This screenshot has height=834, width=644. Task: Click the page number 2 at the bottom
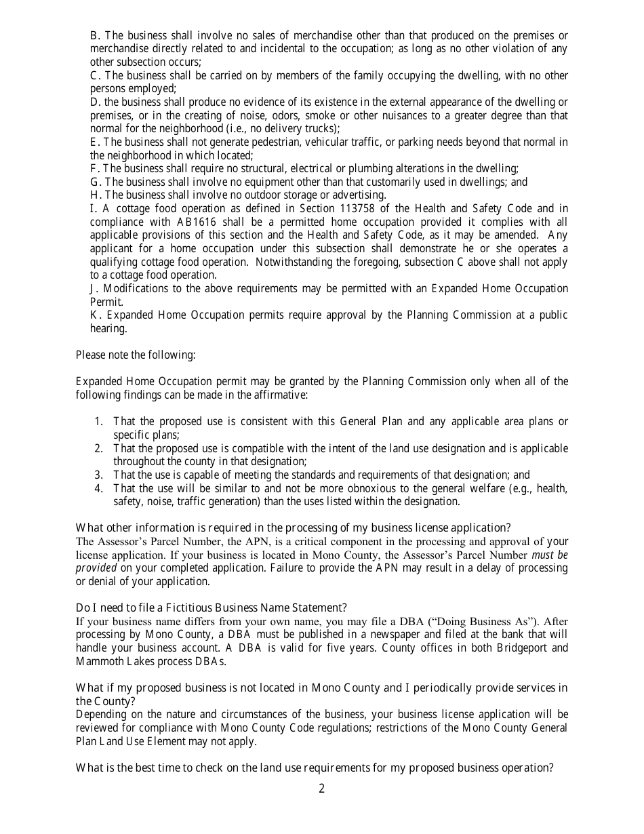coord(322,789)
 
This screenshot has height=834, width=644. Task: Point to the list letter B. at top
coord(95,35)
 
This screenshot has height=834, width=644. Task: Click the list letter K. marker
coord(96,315)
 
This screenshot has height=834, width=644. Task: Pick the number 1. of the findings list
coord(99,422)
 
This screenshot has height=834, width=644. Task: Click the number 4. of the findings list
coord(99,489)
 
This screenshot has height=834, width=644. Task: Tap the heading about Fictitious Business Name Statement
coord(212,608)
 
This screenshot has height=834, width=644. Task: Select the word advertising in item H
coord(358,195)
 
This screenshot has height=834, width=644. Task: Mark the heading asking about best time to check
coord(315,768)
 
